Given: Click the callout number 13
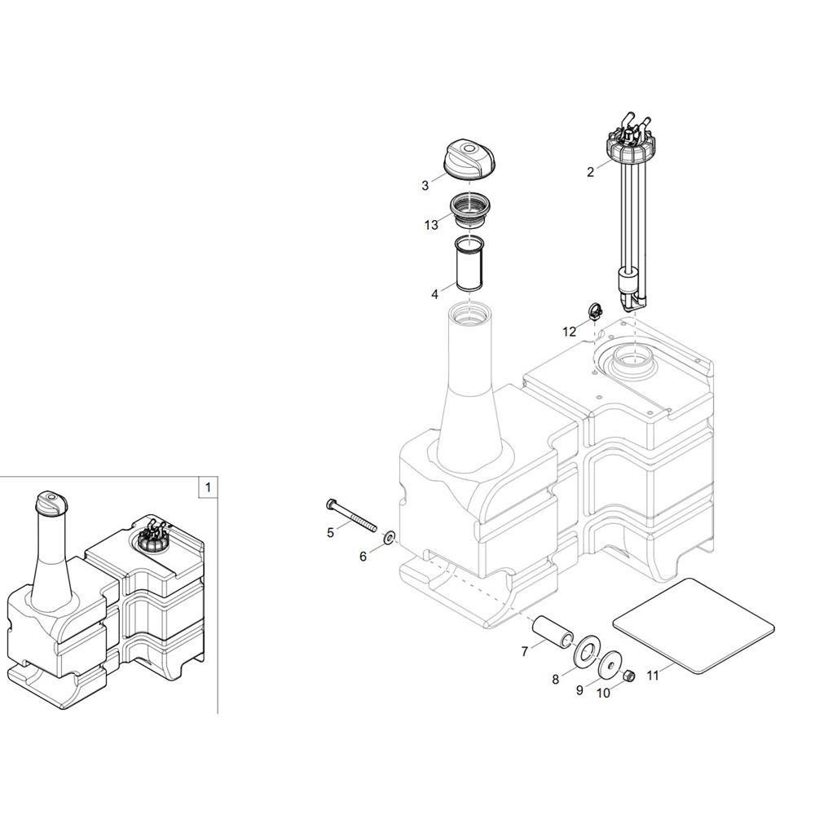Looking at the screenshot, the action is coord(431,225).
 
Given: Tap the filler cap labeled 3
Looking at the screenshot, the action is coord(470,161).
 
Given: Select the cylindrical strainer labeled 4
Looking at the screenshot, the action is coord(470,264).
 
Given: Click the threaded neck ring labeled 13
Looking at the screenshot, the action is coord(470,209).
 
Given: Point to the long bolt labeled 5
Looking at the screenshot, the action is coord(351,515).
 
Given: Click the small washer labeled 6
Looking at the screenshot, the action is coord(389,537).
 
